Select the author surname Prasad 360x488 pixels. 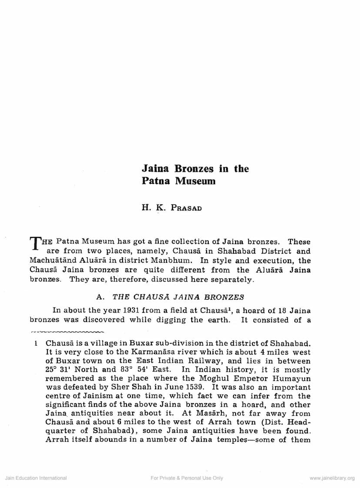(187, 207)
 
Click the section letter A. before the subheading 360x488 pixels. (100, 297)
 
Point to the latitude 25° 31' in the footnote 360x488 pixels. (60, 369)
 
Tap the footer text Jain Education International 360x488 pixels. (36, 478)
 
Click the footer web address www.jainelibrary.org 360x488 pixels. (332, 478)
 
